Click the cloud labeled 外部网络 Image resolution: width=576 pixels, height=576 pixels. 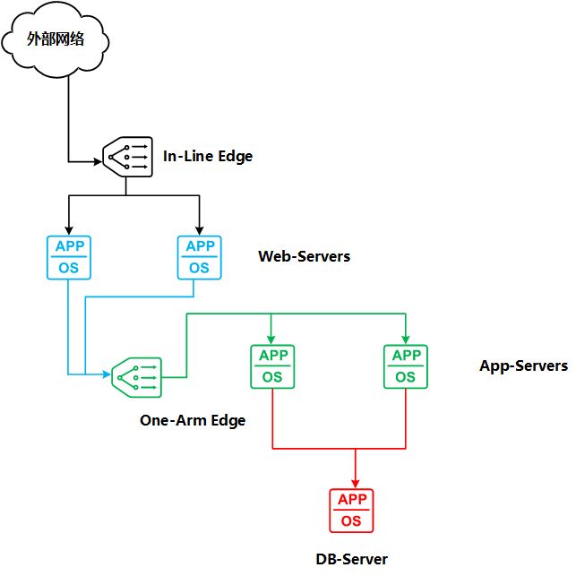[x=56, y=39]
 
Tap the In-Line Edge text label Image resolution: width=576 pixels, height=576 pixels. [x=208, y=156]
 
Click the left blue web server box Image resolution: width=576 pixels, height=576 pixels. [x=68, y=256]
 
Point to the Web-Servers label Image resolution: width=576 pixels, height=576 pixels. [x=304, y=257]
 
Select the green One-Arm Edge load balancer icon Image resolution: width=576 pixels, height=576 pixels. [x=134, y=376]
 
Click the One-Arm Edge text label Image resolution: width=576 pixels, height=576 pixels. [x=192, y=420]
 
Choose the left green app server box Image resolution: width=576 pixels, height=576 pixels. [x=272, y=366]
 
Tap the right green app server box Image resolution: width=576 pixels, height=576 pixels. [x=405, y=366]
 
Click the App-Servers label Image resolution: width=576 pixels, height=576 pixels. [x=523, y=365]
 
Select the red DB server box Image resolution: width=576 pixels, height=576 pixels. [x=351, y=511]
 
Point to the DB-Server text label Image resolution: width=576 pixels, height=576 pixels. [x=351, y=559]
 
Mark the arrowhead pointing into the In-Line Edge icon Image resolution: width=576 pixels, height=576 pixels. [x=96, y=162]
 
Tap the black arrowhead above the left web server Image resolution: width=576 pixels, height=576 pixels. [x=68, y=228]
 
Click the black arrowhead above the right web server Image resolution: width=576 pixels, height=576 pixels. [x=199, y=228]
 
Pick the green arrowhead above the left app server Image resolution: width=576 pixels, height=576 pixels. [x=272, y=339]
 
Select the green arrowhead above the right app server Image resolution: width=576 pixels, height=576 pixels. [x=405, y=339]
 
